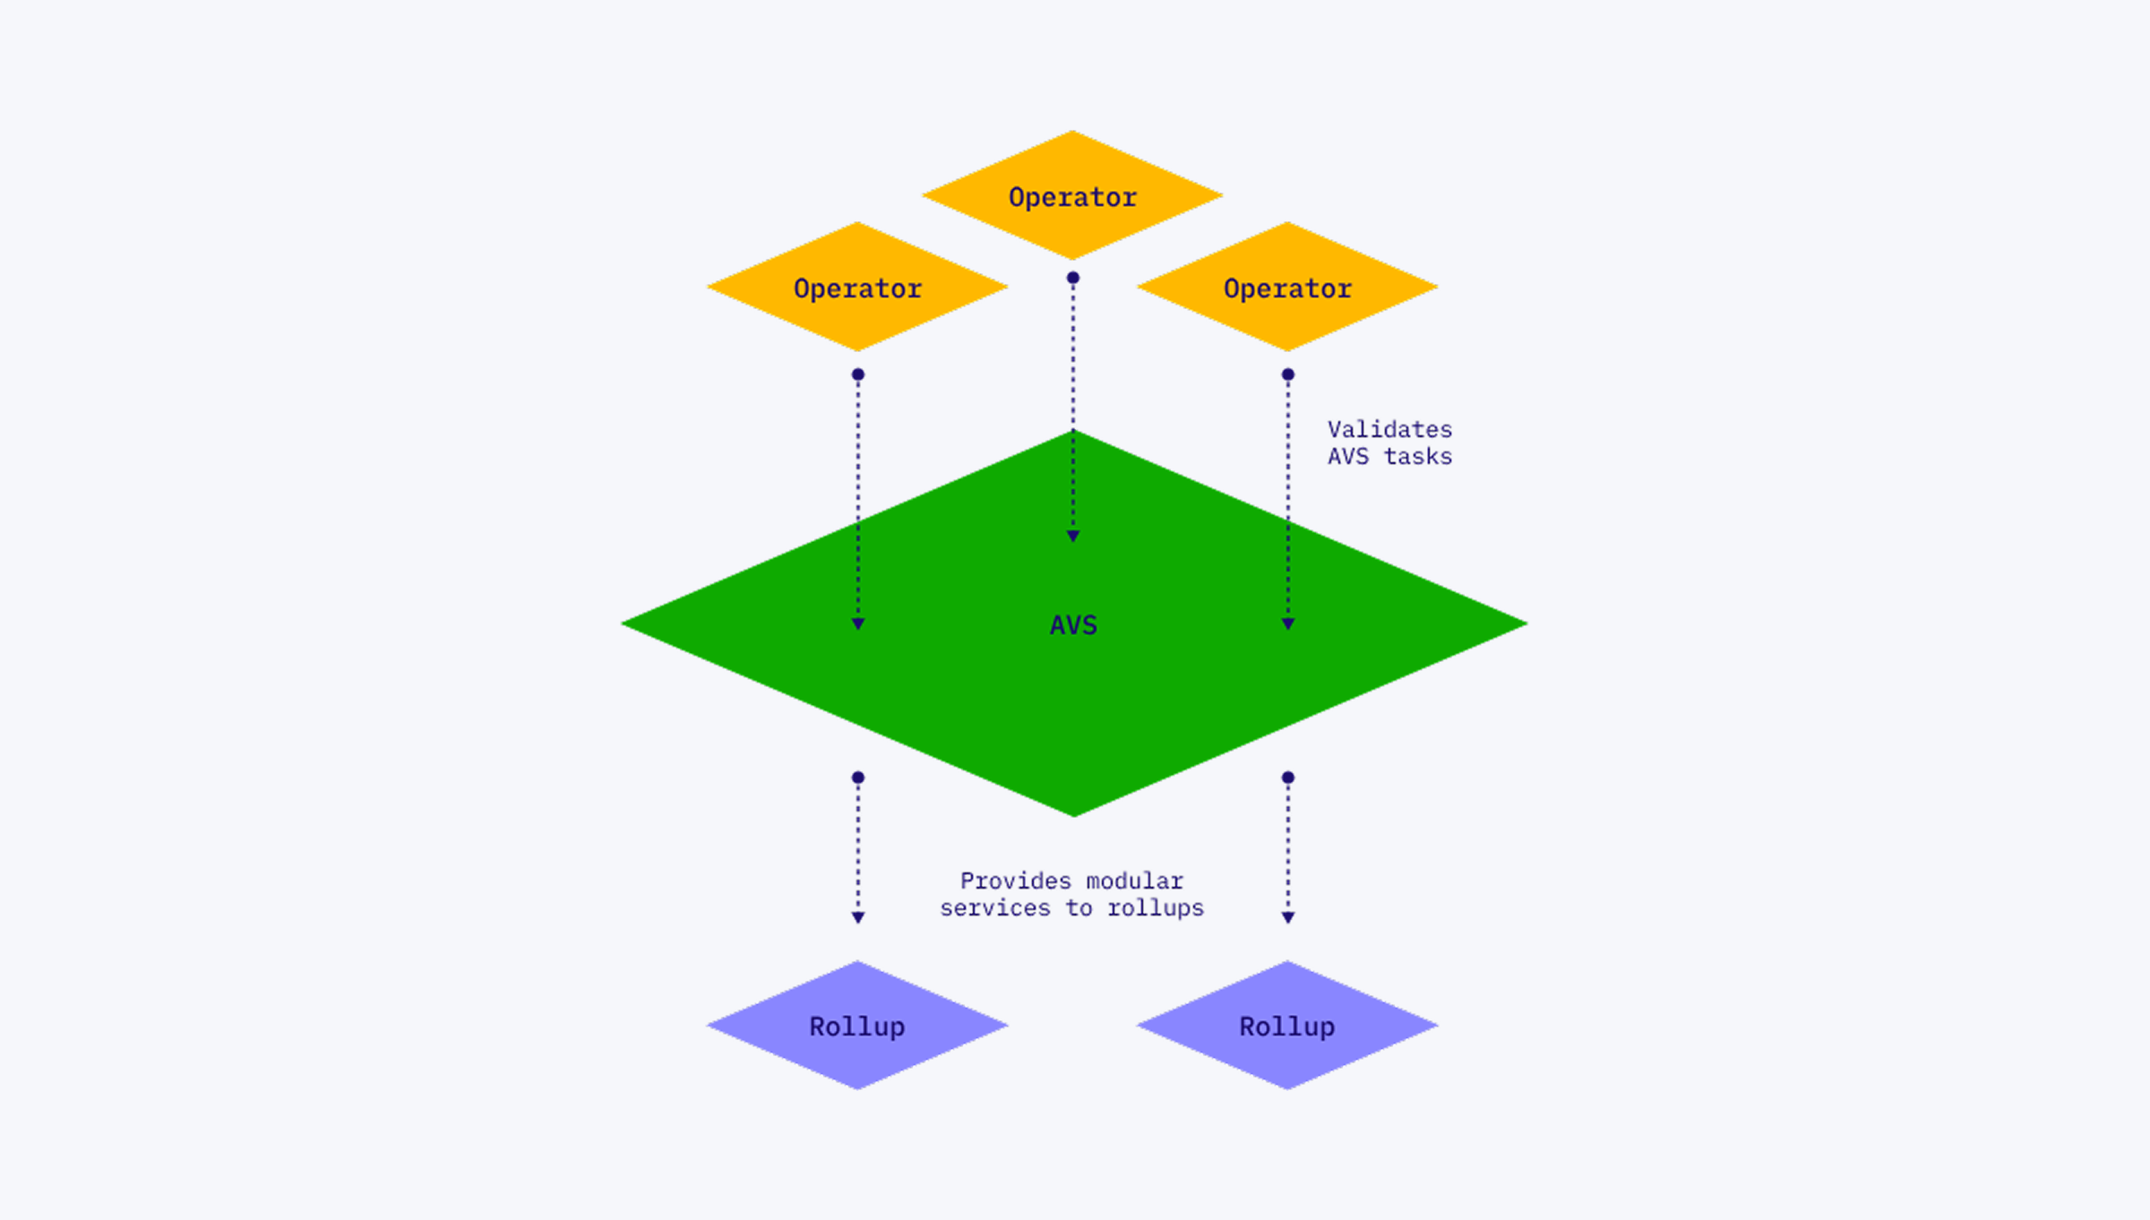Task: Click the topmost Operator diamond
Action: click(1072, 195)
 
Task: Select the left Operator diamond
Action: click(857, 287)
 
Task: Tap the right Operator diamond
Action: click(1287, 287)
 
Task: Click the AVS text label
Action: click(1073, 624)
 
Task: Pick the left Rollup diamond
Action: click(857, 1026)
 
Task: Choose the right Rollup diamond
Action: click(1287, 1026)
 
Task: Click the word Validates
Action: click(1389, 429)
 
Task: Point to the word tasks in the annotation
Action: click(1417, 457)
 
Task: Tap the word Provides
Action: click(1015, 881)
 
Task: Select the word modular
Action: click(1135, 881)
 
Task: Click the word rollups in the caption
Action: click(1156, 908)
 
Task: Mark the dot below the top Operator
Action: click(1073, 278)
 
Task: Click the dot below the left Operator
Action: click(858, 374)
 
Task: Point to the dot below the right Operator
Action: click(1288, 374)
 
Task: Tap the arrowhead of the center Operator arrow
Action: click(1073, 536)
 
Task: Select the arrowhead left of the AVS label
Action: click(858, 623)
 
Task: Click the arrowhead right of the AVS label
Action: click(1288, 623)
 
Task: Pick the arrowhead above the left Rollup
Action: click(858, 917)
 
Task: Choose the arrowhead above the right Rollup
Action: click(1288, 917)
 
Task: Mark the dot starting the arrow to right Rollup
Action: click(1288, 778)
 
